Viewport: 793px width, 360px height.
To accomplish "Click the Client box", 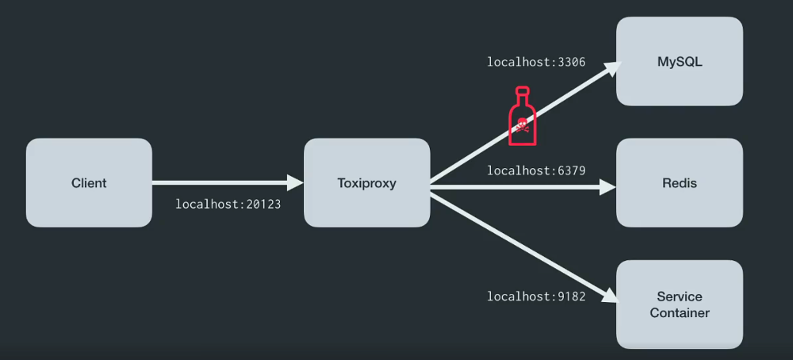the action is point(89,182).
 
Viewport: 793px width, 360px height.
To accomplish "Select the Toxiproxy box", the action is point(366,182).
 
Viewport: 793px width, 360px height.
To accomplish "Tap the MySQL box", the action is point(680,61).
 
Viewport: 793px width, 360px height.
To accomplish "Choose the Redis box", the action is point(680,182).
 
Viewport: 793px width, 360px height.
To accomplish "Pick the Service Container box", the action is point(680,304).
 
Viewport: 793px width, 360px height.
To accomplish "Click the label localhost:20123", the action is point(228,205).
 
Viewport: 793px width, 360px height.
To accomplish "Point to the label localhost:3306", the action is point(536,62).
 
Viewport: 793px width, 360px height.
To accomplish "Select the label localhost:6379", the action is point(536,170).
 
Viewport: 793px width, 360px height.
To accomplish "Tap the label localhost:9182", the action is point(536,297).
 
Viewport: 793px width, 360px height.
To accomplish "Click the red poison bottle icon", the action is point(522,119).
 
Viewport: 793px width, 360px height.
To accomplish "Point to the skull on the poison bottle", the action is point(522,124).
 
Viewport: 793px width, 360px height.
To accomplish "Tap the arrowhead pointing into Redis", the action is point(609,187).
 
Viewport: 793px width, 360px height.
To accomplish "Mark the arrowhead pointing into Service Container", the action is point(610,297).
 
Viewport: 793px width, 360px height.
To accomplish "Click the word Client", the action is point(89,183).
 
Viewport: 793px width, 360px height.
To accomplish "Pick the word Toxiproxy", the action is point(366,183).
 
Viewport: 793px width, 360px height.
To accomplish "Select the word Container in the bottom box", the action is point(680,313).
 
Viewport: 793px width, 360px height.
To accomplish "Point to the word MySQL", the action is point(680,61).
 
